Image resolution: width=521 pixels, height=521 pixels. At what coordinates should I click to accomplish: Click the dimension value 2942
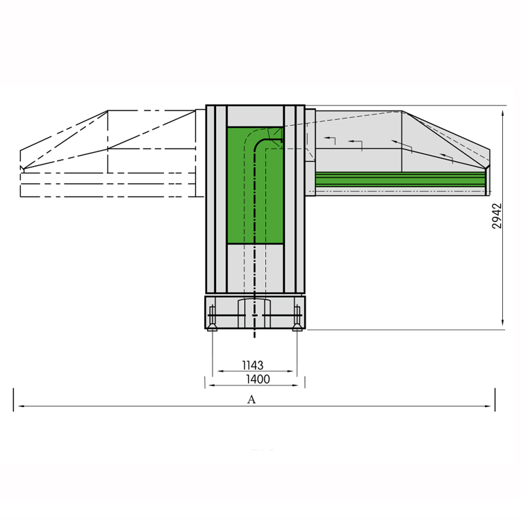[x=497, y=216]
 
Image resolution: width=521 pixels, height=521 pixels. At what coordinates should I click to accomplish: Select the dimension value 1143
[x=253, y=365]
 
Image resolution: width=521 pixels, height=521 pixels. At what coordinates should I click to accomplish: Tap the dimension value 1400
[x=258, y=379]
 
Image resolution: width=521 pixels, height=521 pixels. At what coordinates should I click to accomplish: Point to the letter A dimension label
[x=251, y=399]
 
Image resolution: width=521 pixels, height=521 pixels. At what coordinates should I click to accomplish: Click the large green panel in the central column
[x=255, y=185]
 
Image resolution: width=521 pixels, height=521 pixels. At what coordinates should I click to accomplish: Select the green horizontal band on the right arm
[x=400, y=179]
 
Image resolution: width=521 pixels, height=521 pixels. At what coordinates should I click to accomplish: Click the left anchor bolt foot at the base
[x=212, y=327]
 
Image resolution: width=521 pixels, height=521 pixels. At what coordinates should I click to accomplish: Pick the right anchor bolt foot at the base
[x=297, y=327]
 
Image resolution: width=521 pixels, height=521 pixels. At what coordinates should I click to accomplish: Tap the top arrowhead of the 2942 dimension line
[x=503, y=113]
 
